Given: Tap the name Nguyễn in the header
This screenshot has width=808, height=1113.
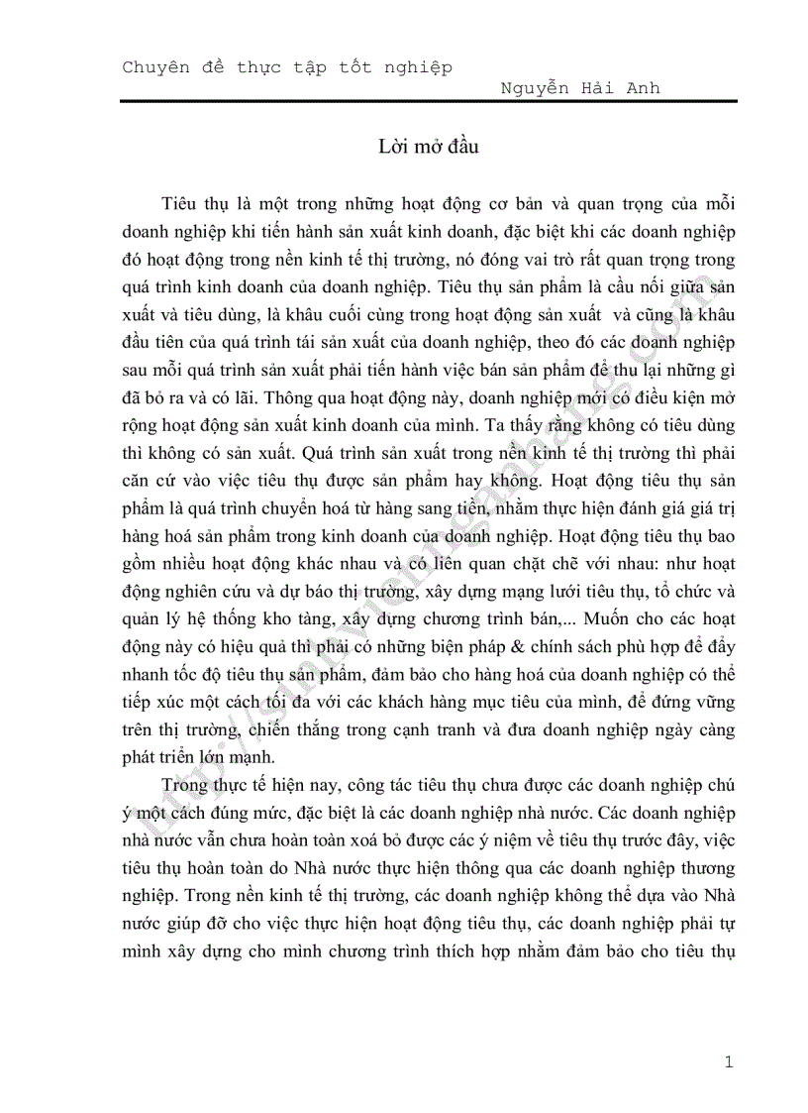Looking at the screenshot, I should [x=535, y=88].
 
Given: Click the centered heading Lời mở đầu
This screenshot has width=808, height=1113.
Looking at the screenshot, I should [x=428, y=147].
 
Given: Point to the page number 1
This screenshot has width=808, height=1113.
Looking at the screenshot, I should [x=729, y=1063].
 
